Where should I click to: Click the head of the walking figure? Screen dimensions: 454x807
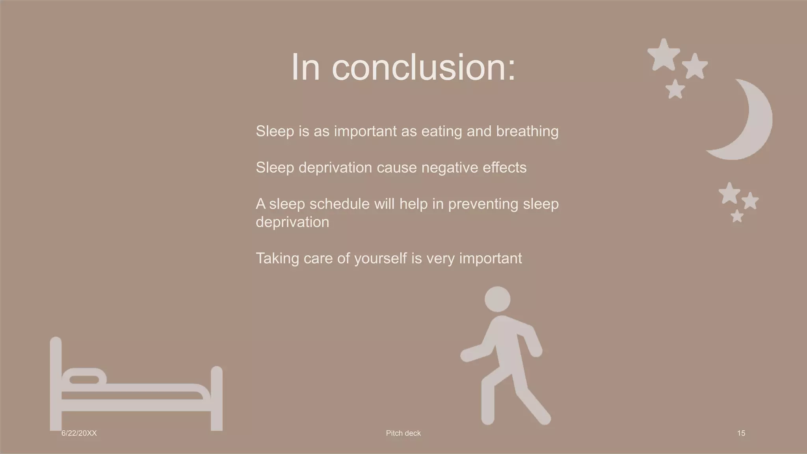[x=497, y=299]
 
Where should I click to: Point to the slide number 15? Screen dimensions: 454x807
[x=741, y=433]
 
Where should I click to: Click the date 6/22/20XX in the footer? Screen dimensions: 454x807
[x=79, y=433]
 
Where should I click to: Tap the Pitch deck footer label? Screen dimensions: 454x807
[x=403, y=433]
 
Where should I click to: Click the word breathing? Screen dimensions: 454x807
[x=527, y=131]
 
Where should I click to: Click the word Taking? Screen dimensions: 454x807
[x=277, y=259]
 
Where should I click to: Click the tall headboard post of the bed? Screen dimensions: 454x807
[x=56, y=382]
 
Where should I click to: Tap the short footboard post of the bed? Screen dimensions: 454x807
[x=217, y=398]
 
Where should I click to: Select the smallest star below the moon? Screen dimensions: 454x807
[x=737, y=216]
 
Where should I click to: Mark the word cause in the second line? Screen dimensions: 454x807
[x=396, y=167]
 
